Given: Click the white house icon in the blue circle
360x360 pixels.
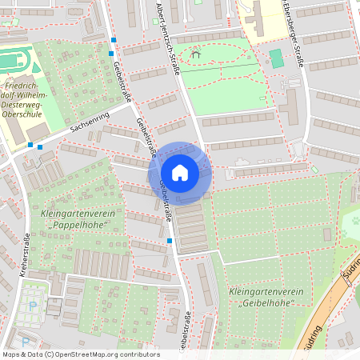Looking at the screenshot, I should (x=180, y=172).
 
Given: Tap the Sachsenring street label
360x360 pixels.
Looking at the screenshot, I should (x=89, y=121).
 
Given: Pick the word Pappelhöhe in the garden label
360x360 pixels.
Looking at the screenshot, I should (x=78, y=226).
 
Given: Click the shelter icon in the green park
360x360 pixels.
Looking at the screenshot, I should (x=195, y=55).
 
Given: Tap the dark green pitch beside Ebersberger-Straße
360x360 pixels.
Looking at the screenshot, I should (x=276, y=58).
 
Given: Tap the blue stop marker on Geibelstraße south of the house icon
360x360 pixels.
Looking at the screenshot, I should (x=170, y=240).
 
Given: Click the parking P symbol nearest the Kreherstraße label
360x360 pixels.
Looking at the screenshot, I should (x=32, y=306).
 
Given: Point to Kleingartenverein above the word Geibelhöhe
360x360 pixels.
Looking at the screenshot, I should (x=260, y=292).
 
